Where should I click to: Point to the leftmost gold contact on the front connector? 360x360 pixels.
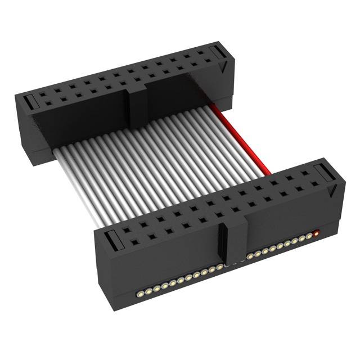(138, 294)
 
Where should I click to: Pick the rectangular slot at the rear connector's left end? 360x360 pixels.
(29, 102)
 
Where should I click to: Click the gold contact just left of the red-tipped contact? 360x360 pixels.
(309, 235)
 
